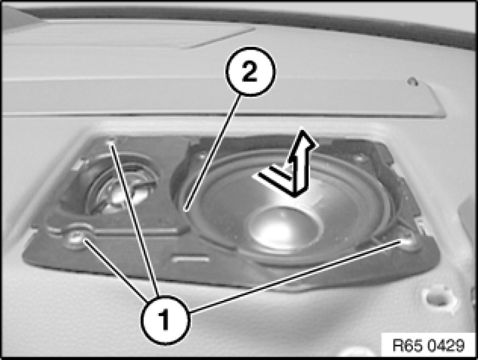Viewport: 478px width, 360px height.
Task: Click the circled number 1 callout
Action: tap(166, 320)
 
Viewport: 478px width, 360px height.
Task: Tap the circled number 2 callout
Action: tap(250, 72)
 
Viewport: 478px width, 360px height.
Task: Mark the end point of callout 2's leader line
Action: tap(185, 210)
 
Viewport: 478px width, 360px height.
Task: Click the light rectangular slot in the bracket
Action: tap(191, 259)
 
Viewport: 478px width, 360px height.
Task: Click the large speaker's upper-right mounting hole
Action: tap(359, 157)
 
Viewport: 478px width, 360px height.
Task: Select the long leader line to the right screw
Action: tap(295, 276)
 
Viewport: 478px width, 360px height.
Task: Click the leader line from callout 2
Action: tap(213, 152)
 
